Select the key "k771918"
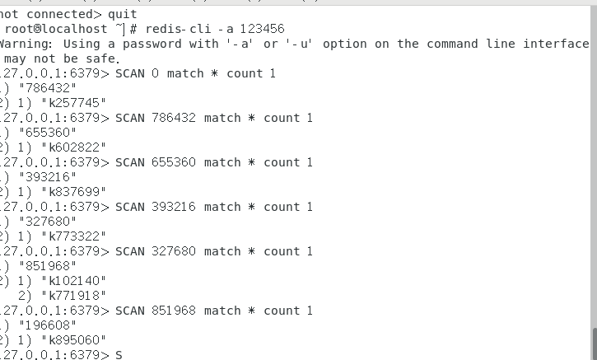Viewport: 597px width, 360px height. tap(77, 296)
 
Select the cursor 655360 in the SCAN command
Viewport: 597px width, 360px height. tap(174, 162)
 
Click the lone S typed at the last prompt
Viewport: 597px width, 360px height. tap(119, 355)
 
